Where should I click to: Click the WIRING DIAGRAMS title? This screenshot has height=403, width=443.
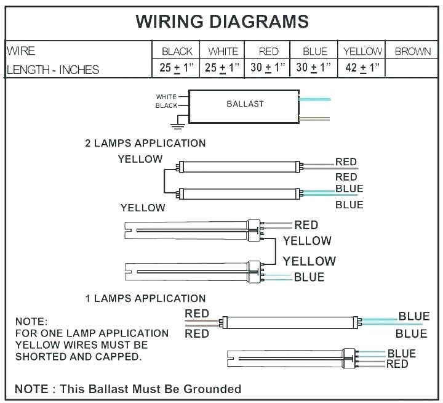[221, 21]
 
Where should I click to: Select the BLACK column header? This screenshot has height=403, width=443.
[177, 52]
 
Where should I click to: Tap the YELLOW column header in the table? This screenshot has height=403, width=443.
[363, 52]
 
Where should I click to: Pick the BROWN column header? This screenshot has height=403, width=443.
[413, 52]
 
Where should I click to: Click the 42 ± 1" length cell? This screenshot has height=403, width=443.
[363, 68]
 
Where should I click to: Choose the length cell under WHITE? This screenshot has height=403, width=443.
[223, 68]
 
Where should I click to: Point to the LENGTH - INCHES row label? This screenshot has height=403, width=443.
[52, 70]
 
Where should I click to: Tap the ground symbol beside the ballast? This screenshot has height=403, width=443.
[178, 125]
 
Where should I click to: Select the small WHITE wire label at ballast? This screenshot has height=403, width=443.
[166, 97]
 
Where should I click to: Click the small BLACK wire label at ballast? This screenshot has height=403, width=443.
[166, 106]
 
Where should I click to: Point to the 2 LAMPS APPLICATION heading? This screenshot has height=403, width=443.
[145, 144]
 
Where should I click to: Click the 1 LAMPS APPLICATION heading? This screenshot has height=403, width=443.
[145, 299]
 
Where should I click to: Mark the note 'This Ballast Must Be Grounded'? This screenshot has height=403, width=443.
[128, 389]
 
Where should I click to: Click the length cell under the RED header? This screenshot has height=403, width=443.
[268, 68]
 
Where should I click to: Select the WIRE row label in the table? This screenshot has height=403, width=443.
[22, 51]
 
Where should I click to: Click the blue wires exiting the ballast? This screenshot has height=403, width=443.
[315, 99]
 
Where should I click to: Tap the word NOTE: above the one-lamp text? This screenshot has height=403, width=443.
[31, 322]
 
